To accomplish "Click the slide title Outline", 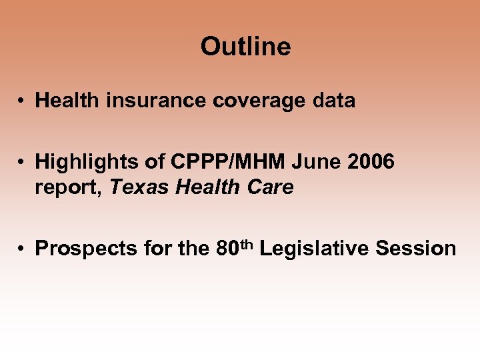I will click(x=245, y=47).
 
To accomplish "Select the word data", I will click(x=335, y=101).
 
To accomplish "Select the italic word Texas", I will click(x=139, y=188).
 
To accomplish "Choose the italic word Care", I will click(x=271, y=188).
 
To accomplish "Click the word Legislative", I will click(x=314, y=249).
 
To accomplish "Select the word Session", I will click(x=416, y=249).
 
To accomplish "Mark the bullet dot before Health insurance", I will click(x=22, y=101).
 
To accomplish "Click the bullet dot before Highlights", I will click(x=22, y=162).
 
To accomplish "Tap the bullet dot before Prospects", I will click(x=22, y=249).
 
